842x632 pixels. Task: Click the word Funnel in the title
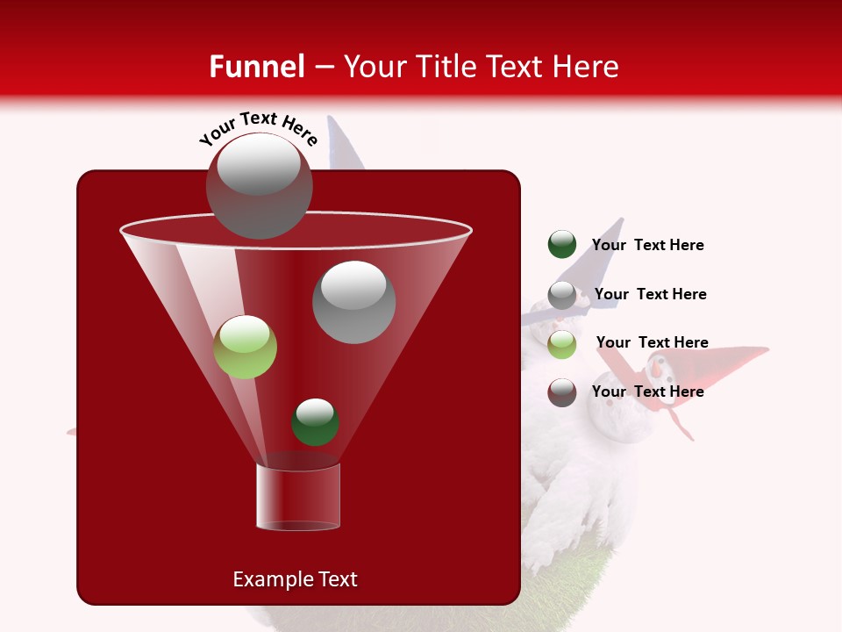[256, 67]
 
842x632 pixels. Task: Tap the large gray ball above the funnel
[260, 185]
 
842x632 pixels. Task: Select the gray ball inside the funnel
[354, 302]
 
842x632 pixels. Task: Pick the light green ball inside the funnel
[246, 347]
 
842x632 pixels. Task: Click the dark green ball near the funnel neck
[315, 421]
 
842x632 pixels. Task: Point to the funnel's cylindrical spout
[298, 497]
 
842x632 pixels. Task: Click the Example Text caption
[295, 579]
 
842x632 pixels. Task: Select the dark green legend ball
[562, 244]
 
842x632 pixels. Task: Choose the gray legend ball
[562, 295]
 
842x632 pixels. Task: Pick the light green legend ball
[562, 344]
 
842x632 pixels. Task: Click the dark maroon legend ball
[562, 392]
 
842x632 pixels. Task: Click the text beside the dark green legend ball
[647, 245]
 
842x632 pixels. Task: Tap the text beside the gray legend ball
[650, 294]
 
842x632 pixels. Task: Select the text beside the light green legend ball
[652, 342]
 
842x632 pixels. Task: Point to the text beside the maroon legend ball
[647, 391]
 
